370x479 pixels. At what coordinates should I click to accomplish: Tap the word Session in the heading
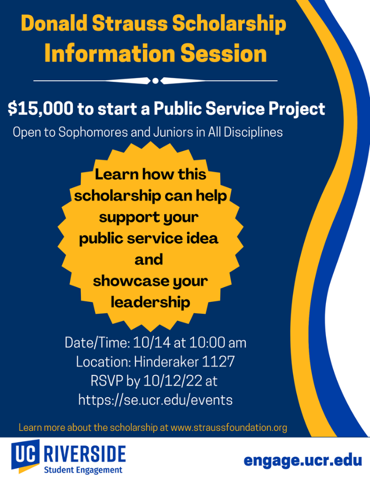(x=223, y=53)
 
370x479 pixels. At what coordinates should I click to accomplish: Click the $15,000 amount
(x=40, y=109)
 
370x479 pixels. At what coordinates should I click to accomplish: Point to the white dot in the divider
(x=155, y=81)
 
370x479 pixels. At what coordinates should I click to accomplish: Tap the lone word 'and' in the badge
(x=149, y=259)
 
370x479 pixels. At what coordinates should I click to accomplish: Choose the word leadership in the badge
(x=150, y=302)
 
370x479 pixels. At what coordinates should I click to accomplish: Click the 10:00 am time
(x=218, y=343)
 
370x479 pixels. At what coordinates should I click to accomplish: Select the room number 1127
(x=218, y=361)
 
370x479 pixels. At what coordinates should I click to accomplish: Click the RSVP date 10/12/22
(x=173, y=381)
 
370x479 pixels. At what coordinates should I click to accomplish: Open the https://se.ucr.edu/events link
(x=155, y=400)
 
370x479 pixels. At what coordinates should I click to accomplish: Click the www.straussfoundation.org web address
(x=229, y=428)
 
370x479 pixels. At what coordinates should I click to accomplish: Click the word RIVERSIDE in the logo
(x=84, y=454)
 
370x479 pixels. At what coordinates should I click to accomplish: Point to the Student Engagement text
(x=83, y=470)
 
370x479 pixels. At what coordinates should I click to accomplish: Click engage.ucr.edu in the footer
(x=303, y=461)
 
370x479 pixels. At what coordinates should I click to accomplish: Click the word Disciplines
(x=253, y=132)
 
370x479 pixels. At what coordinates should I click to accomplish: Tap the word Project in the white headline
(x=296, y=109)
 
